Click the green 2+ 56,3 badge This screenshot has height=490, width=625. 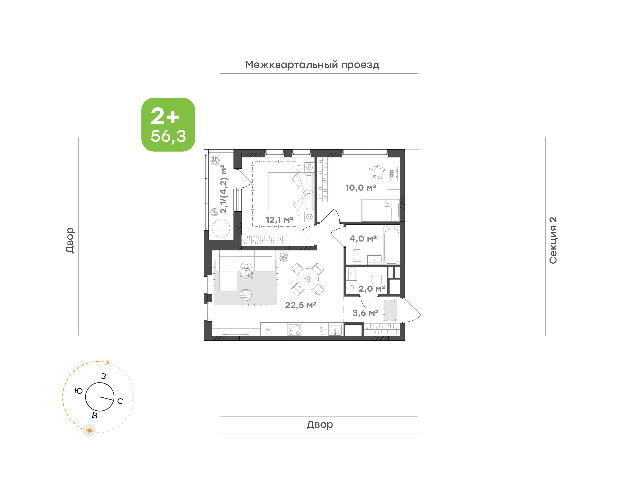pyautogui.click(x=168, y=124)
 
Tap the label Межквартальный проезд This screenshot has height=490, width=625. pyautogui.click(x=312, y=65)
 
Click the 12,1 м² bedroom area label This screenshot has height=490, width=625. pyautogui.click(x=279, y=220)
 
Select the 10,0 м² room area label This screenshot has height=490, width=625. pyautogui.click(x=361, y=188)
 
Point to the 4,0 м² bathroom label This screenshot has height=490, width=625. pyautogui.click(x=363, y=238)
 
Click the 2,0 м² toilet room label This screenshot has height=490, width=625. pyautogui.click(x=372, y=289)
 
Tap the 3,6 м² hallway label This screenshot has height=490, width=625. pyautogui.click(x=365, y=313)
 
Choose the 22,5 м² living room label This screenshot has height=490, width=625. pyautogui.click(x=301, y=305)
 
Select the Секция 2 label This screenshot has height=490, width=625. pyautogui.click(x=553, y=240)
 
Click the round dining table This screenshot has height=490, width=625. pyautogui.click(x=308, y=279)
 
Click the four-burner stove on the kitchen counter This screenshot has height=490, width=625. pyautogui.click(x=294, y=330)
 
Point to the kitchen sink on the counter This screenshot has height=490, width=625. pyautogui.click(x=335, y=330)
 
